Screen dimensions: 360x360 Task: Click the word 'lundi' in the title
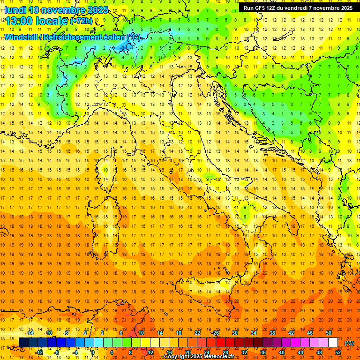pyautogui.click(x=15, y=10)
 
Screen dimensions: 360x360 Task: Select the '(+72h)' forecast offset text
pyautogui.click(x=82, y=21)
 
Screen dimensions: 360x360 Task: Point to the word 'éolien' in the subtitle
pyautogui.click(x=114, y=37)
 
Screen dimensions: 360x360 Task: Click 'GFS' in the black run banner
pyautogui.click(x=263, y=8)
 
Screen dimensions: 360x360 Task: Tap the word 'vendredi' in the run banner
pyautogui.click(x=295, y=8)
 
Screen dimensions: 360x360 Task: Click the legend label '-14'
pyautogui.click(x=30, y=333)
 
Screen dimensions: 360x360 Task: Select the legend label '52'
pyautogui.click(x=338, y=352)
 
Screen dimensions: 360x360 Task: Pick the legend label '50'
pyautogui.click(x=329, y=333)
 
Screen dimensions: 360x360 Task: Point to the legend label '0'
pyautogui.click(x=93, y=352)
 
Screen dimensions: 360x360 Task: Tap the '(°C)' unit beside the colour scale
pyautogui.click(x=349, y=343)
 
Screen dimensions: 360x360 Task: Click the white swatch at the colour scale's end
pyautogui.click(x=333, y=343)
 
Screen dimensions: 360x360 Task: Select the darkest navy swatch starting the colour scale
pyautogui.click(x=23, y=343)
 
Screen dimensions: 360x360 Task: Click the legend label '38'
pyautogui.click(x=272, y=333)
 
